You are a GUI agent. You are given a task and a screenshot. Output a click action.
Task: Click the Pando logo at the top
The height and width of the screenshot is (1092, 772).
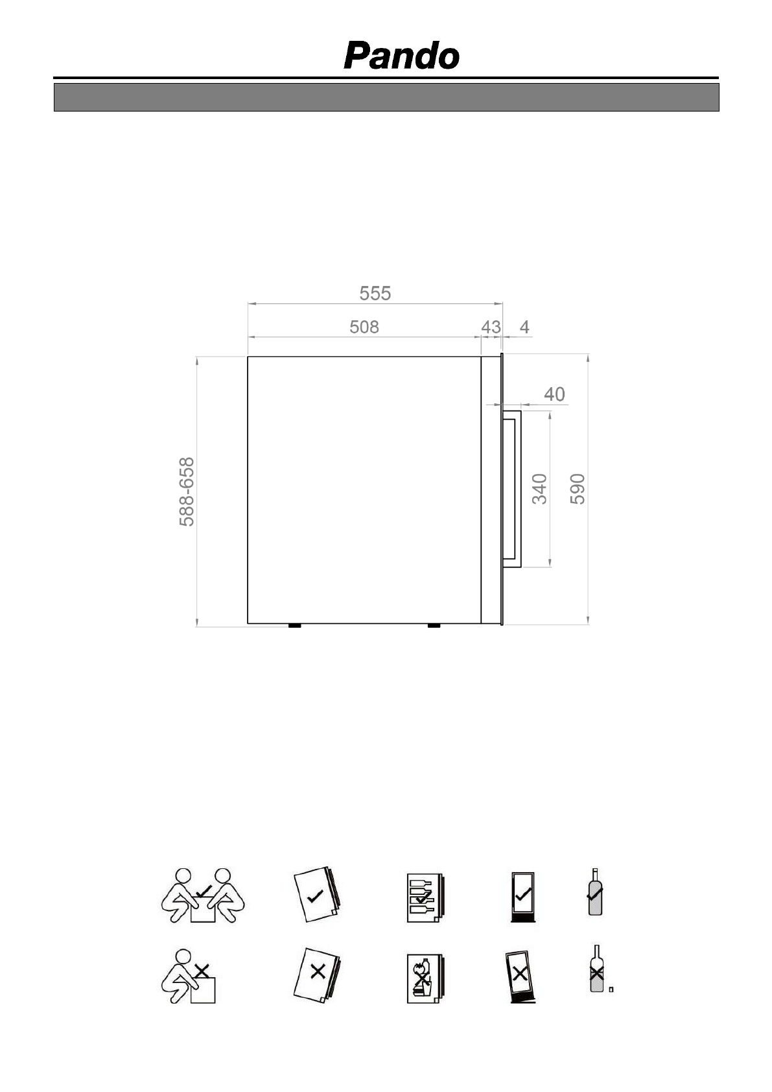pyautogui.click(x=401, y=56)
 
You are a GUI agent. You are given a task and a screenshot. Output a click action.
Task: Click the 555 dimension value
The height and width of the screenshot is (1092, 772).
pyautogui.click(x=375, y=294)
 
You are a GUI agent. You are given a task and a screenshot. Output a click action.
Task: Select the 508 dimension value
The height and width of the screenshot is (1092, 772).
pyautogui.click(x=364, y=327)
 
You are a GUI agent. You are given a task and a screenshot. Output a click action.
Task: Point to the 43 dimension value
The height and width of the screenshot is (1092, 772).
pyautogui.click(x=491, y=327)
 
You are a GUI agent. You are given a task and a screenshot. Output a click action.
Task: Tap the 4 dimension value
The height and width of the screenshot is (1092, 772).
pyautogui.click(x=524, y=327)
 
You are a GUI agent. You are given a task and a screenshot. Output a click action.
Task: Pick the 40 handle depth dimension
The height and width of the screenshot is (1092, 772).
pyautogui.click(x=554, y=394)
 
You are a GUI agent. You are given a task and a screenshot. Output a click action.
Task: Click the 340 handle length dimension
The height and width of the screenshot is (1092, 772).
pyautogui.click(x=539, y=489)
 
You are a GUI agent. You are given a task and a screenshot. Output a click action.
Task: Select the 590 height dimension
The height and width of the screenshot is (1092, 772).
pyautogui.click(x=578, y=489)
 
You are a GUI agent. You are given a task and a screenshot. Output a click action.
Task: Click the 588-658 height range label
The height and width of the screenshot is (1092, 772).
pyautogui.click(x=187, y=492)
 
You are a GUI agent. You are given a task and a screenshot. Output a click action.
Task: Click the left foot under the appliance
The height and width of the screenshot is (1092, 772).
pyautogui.click(x=294, y=626)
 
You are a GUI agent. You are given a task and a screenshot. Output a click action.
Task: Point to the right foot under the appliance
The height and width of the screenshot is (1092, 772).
pyautogui.click(x=434, y=626)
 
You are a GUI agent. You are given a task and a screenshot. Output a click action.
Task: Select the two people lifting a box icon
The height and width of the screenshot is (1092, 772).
pyautogui.click(x=203, y=895)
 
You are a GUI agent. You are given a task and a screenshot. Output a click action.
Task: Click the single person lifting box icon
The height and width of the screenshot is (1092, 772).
pyautogui.click(x=189, y=976)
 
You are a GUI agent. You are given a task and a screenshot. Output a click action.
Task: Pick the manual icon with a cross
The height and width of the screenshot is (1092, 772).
pyautogui.click(x=318, y=975)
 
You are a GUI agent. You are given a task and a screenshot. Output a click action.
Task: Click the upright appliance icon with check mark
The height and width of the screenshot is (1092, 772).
pyautogui.click(x=522, y=897)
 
